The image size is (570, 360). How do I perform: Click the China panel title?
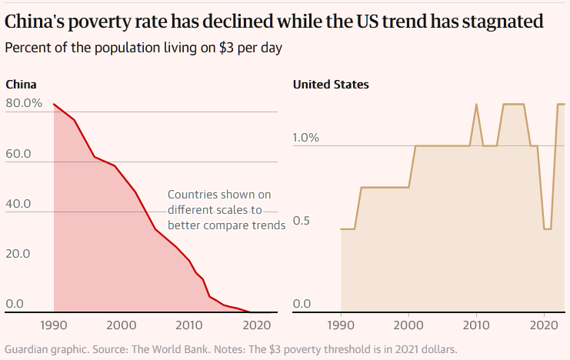point(21,85)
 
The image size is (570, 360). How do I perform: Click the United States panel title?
point(331,85)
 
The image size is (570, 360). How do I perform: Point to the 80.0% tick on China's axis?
point(24,103)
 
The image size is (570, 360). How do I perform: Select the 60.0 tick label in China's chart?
point(18,154)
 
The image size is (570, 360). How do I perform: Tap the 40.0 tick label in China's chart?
point(18,204)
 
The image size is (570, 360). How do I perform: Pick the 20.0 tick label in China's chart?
point(18,254)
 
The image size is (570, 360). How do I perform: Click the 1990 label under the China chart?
point(54,325)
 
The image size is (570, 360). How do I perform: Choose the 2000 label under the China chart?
point(122,325)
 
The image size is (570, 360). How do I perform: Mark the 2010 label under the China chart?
point(189,325)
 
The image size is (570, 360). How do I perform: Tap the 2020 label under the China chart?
point(257,325)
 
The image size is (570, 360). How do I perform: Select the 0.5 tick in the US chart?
point(302,221)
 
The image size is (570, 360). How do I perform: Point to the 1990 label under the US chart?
point(341,325)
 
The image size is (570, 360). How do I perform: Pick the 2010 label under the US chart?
point(477,325)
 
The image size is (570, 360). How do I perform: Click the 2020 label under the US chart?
point(544,325)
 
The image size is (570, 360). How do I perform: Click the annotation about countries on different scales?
point(226,210)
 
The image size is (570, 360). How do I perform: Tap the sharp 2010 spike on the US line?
point(477,105)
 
